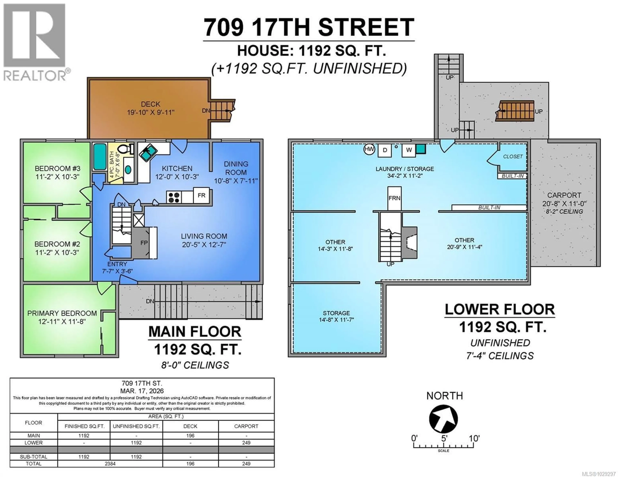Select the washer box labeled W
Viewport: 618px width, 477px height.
coord(409,150)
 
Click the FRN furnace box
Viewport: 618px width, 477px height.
coord(394,198)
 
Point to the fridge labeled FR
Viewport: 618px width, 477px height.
coord(201,195)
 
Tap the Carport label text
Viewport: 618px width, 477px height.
coord(564,195)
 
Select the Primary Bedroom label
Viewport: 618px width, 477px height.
coord(62,313)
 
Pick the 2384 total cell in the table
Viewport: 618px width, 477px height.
coord(110,463)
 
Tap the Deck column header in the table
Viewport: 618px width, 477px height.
coord(190,426)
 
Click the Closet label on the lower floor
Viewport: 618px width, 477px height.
coord(513,156)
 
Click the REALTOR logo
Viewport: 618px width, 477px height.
coord(35,42)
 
